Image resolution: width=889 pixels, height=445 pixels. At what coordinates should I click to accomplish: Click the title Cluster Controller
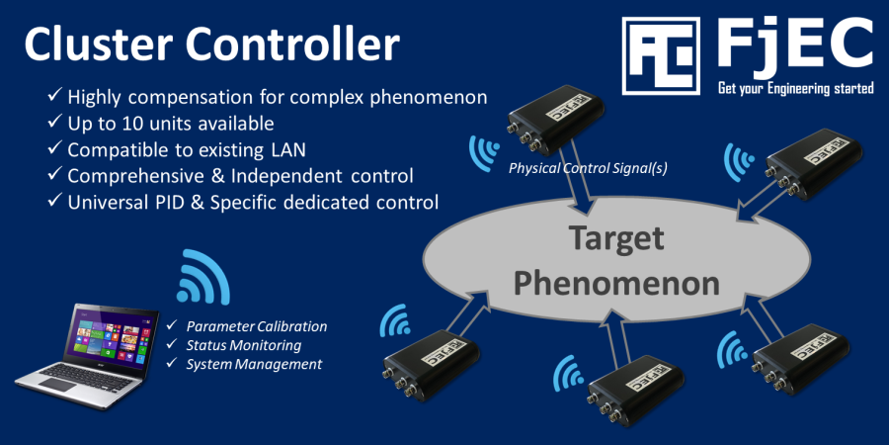click(x=211, y=45)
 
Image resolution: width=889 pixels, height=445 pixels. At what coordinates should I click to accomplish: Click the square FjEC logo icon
click(x=661, y=55)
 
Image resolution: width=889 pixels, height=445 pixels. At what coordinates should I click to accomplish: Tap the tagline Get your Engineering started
click(x=795, y=89)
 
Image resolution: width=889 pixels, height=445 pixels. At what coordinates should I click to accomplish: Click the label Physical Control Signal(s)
click(x=588, y=168)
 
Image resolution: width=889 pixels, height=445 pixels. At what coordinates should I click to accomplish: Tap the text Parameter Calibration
click(x=256, y=326)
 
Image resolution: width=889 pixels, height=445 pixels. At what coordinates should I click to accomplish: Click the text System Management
click(x=254, y=364)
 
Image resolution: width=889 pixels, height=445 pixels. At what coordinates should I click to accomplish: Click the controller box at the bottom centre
click(x=632, y=389)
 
